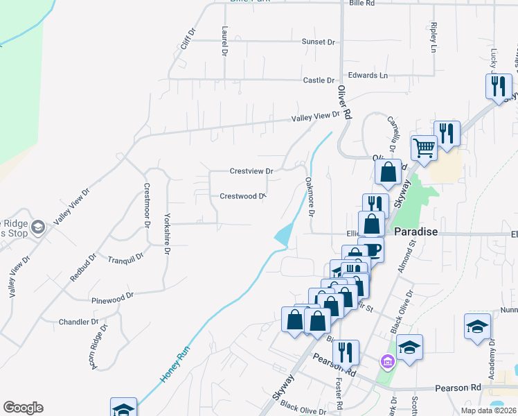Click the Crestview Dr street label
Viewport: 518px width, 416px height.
pyautogui.click(x=251, y=171)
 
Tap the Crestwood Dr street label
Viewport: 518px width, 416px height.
pyautogui.click(x=242, y=196)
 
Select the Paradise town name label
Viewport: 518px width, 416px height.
pyautogui.click(x=416, y=232)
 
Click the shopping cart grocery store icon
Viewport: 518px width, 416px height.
pyautogui.click(x=423, y=147)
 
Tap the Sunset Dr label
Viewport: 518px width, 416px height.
pyautogui.click(x=318, y=42)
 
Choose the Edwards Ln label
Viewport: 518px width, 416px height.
pyautogui.click(x=368, y=75)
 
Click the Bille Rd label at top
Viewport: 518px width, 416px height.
pyautogui.click(x=362, y=3)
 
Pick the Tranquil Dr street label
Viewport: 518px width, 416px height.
pyautogui.click(x=125, y=258)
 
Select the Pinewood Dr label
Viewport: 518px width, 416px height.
pyautogui.click(x=112, y=297)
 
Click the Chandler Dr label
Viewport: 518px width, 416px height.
pyautogui.click(x=79, y=322)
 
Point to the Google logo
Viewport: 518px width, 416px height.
pyautogui.click(x=23, y=408)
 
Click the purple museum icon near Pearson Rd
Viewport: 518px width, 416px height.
pyautogui.click(x=387, y=361)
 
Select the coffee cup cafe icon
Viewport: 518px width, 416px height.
pyautogui.click(x=373, y=250)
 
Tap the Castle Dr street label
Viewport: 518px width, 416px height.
pyautogui.click(x=319, y=80)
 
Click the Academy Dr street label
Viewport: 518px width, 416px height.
pyautogui.click(x=492, y=354)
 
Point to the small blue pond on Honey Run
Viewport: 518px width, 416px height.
pyautogui.click(x=282, y=235)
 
